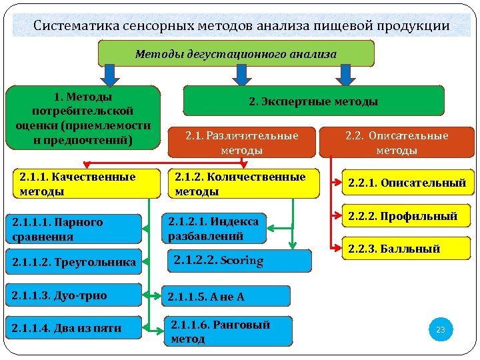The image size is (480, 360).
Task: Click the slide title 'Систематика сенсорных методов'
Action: pos(241,26)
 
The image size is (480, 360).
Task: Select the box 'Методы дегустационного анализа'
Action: pos(236,53)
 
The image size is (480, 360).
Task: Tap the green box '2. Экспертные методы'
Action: pos(313,101)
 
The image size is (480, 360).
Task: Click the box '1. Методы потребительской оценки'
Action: pos(83,118)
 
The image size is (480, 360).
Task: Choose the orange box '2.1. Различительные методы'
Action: pos(242,143)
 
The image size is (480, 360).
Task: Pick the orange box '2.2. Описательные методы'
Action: pos(397,143)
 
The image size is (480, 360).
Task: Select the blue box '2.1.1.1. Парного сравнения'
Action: pos(73,229)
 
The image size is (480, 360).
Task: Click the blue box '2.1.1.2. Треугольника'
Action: pos(73,262)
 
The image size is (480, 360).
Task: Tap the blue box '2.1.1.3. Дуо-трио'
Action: pos(73,295)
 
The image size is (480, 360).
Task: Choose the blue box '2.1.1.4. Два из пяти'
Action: pos(73,327)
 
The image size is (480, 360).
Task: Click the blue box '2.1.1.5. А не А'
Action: pos(227,297)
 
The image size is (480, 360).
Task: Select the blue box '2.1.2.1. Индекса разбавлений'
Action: pos(213,228)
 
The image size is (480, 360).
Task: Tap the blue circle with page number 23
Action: pos(440,329)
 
